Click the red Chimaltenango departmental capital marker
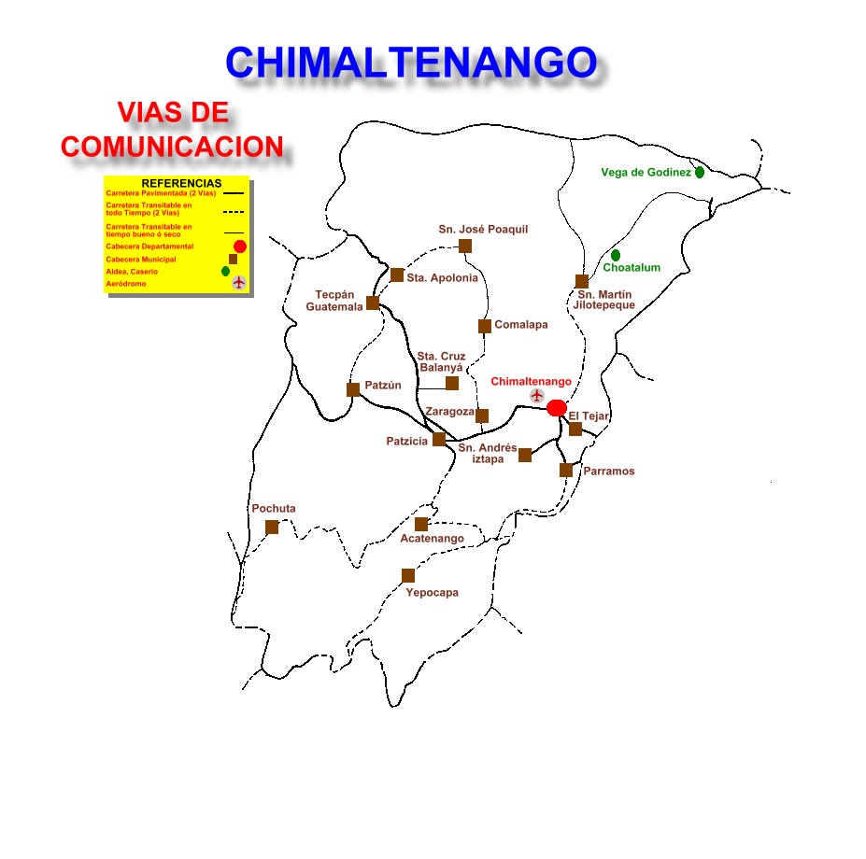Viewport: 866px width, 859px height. pyautogui.click(x=556, y=407)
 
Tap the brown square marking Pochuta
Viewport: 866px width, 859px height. pyautogui.click(x=272, y=527)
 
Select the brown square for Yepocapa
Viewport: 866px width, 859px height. pyautogui.click(x=408, y=575)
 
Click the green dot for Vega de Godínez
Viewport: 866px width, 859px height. pyautogui.click(x=700, y=173)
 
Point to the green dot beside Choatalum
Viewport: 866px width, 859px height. pyautogui.click(x=616, y=255)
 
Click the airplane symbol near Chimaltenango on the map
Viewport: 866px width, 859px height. pyautogui.click(x=536, y=396)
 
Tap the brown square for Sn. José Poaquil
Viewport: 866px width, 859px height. pyautogui.click(x=465, y=246)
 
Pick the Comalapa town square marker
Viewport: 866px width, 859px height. pyautogui.click(x=485, y=326)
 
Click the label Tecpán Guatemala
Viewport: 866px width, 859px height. pyautogui.click(x=334, y=301)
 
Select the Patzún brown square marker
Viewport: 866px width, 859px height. pyautogui.click(x=353, y=389)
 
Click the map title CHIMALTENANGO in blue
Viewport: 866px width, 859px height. pyautogui.click(x=411, y=63)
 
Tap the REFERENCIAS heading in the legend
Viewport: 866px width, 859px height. pyautogui.click(x=181, y=183)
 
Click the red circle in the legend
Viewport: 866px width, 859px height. pyautogui.click(x=239, y=246)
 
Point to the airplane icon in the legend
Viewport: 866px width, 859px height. pyautogui.click(x=238, y=282)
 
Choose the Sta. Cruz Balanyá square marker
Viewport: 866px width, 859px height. pyautogui.click(x=452, y=383)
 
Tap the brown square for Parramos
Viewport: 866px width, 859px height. pyautogui.click(x=566, y=470)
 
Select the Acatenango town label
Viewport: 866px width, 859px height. pyautogui.click(x=432, y=539)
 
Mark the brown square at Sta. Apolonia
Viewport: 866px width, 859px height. pyautogui.click(x=397, y=275)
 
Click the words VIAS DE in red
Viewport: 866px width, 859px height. pyautogui.click(x=173, y=114)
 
